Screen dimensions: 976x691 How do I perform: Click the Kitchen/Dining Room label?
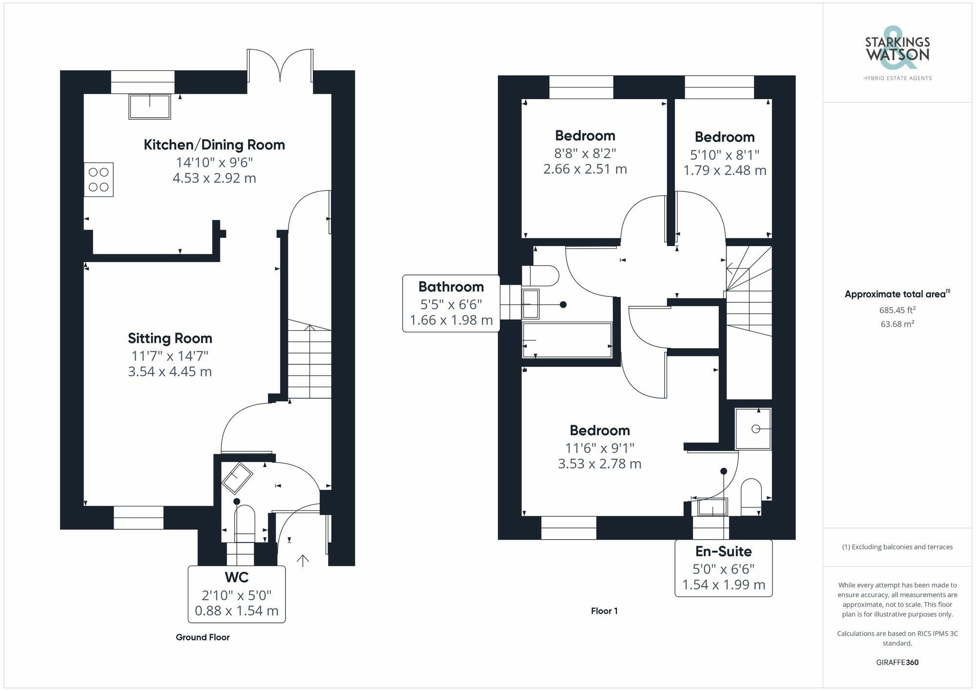tap(214, 145)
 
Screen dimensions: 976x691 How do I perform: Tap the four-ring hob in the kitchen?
tap(99, 180)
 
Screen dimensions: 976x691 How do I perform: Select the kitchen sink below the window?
tap(150, 106)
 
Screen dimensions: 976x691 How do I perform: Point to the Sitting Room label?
tap(170, 338)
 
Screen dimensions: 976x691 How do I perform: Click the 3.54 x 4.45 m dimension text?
tap(170, 372)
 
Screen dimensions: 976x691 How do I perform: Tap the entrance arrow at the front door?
tap(303, 560)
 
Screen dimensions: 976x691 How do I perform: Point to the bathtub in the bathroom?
tap(567, 340)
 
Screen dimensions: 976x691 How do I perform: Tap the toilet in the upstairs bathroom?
tap(540, 276)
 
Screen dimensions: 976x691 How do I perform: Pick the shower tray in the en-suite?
tap(753, 429)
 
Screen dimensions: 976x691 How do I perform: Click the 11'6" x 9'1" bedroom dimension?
tap(600, 448)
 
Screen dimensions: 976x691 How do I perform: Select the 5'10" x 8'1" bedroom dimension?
tap(725, 155)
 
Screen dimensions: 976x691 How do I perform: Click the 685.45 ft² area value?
tap(897, 310)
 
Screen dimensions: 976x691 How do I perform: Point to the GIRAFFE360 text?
tap(897, 662)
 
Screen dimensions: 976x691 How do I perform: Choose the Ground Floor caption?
tap(203, 637)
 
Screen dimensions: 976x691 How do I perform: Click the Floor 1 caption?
tap(604, 611)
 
